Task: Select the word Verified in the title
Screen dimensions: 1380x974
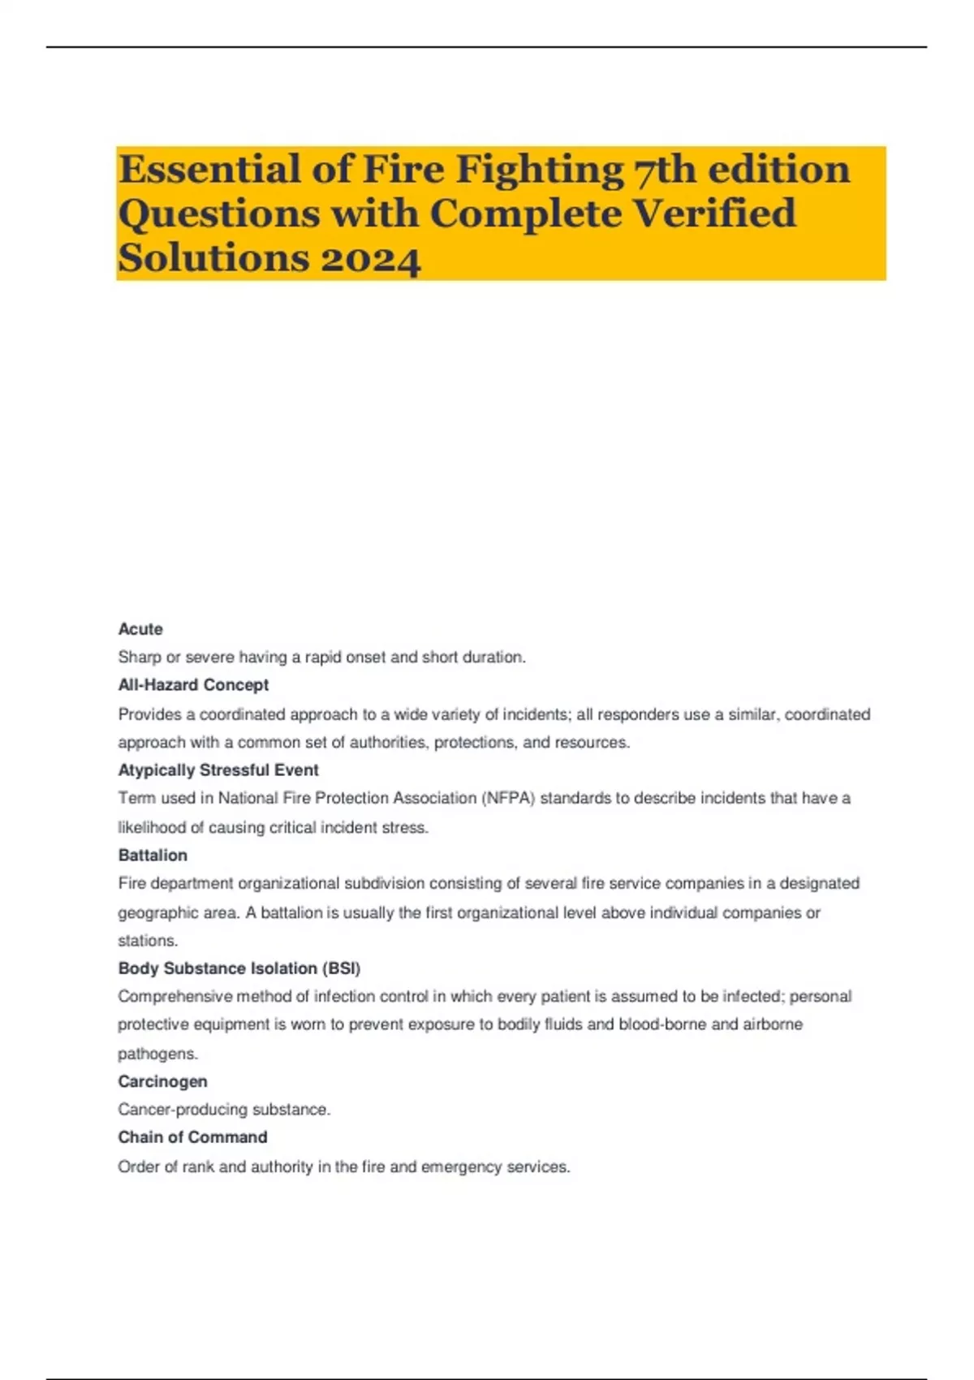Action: tap(713, 214)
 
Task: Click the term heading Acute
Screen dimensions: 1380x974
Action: tap(140, 629)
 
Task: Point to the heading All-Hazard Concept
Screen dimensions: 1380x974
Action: tap(193, 685)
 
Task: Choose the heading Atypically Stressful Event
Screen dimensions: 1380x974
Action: tap(218, 770)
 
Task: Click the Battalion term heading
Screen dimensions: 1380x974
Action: tap(153, 856)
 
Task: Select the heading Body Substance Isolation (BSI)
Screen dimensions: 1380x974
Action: tap(239, 968)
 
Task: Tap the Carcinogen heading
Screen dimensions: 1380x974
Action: tap(162, 1081)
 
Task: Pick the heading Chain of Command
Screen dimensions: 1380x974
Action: tap(192, 1137)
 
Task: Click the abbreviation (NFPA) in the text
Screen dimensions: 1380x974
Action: tap(509, 799)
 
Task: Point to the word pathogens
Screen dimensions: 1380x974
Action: tap(157, 1054)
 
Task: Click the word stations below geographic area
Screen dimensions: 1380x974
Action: tap(147, 941)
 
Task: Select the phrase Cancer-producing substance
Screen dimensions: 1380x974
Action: tap(224, 1110)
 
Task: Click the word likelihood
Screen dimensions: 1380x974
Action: tap(153, 828)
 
